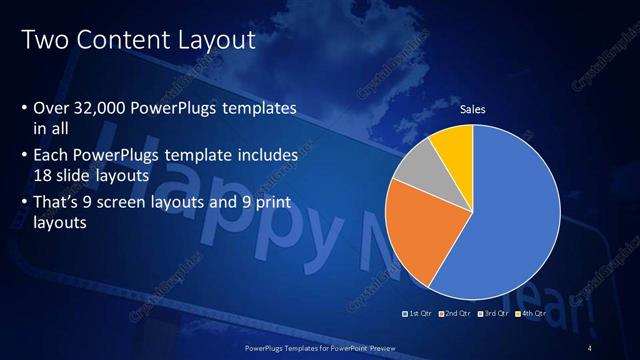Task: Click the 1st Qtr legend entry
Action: (419, 313)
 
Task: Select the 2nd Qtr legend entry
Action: (458, 313)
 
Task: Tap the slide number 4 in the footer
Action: (591, 347)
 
